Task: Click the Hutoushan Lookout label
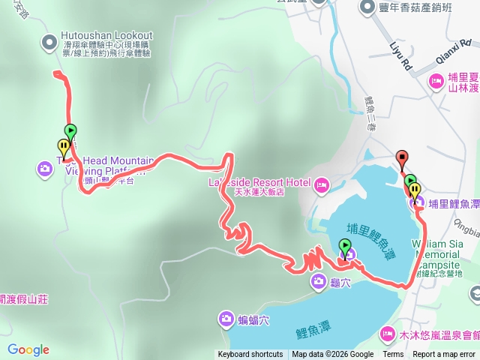click(107, 35)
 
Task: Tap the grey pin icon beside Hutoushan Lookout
click(49, 42)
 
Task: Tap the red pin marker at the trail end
click(402, 158)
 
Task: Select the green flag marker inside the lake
click(344, 246)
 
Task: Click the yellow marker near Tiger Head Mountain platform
click(62, 146)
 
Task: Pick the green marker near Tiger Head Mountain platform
click(70, 131)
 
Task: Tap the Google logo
click(28, 349)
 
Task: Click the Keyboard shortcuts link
click(250, 355)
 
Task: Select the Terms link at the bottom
click(393, 355)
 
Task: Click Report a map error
click(444, 355)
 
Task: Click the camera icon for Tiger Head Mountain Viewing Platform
click(44, 168)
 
